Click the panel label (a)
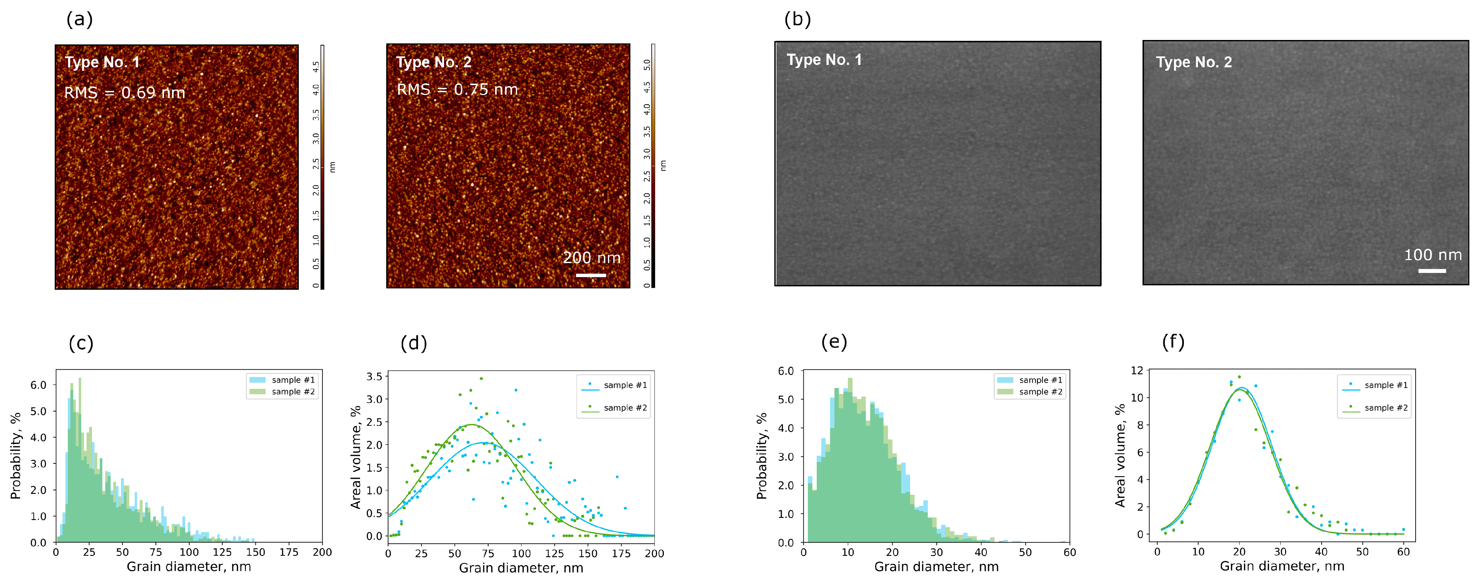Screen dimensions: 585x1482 [79, 19]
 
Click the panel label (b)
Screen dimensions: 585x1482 [797, 19]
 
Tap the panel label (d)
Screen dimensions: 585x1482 [414, 343]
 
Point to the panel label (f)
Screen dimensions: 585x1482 [1173, 342]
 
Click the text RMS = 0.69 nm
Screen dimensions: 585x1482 [124, 93]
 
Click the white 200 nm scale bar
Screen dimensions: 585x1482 [591, 275]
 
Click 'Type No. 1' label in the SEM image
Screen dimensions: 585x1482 [824, 60]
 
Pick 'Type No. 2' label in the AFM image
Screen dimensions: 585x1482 [434, 62]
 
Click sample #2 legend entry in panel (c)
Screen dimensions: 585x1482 [282, 392]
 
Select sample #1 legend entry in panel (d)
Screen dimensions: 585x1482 [614, 385]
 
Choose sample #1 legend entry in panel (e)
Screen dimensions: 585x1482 [1030, 380]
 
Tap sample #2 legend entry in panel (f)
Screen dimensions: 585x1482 [1375, 408]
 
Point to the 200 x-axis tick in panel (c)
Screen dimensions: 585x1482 [322, 552]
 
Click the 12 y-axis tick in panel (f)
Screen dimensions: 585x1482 [1137, 370]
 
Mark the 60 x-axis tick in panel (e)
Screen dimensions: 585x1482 [1069, 552]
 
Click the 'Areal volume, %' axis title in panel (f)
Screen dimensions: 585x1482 [1120, 455]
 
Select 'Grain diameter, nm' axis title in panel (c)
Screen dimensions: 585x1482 [189, 567]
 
